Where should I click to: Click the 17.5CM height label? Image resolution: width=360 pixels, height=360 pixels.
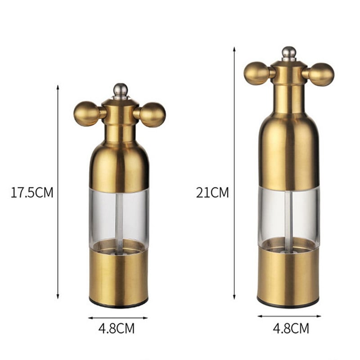point(32,193)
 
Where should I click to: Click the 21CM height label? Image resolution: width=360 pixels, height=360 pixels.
point(212,193)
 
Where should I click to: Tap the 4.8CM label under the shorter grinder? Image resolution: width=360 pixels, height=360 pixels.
point(117,328)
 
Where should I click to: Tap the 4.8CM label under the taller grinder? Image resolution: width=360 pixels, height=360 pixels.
point(291,328)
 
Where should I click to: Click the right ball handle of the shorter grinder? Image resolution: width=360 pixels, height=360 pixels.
point(153,115)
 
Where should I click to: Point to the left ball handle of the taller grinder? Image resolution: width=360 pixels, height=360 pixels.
point(256,73)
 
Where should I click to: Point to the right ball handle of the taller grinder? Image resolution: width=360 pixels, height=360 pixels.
point(321,75)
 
